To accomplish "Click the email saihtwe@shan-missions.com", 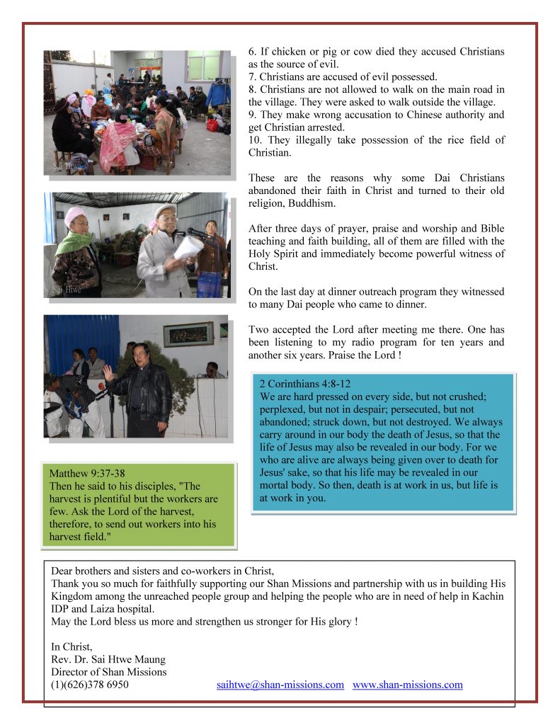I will [x=280, y=685].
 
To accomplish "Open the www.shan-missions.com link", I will [x=407, y=685].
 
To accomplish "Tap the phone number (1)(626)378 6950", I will [x=90, y=685].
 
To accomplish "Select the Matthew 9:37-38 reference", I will [x=90, y=472].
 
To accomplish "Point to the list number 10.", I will [x=254, y=140].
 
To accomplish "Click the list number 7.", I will [x=252, y=76].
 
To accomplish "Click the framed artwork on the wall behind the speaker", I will [x=188, y=333].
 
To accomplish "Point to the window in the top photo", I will [x=203, y=65].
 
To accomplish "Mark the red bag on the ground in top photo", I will [x=212, y=125].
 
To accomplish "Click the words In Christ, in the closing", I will [x=72, y=646].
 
